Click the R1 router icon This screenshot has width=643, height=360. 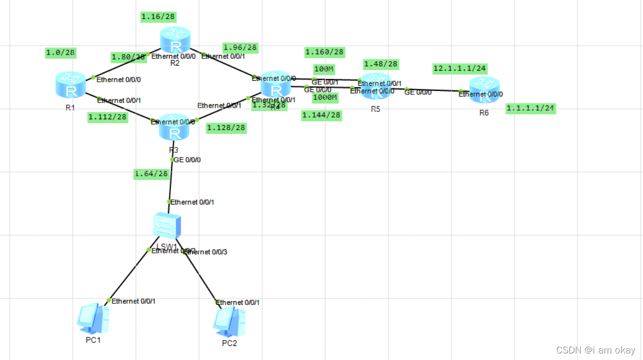[71, 85]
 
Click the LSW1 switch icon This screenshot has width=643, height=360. [168, 225]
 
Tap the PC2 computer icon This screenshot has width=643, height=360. [230, 321]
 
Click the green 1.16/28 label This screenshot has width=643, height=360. [158, 17]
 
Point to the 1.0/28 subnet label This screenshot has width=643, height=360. [61, 53]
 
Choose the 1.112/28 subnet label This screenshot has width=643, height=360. [108, 117]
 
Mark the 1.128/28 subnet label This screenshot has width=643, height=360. [226, 128]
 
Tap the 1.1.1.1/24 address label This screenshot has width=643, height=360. [531, 108]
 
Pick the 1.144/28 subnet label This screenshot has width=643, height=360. [321, 116]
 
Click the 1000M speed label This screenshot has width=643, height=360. [325, 97]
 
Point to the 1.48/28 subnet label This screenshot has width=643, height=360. [381, 64]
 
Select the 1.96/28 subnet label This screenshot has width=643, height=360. [240, 47]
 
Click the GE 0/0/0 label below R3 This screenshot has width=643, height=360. [188, 160]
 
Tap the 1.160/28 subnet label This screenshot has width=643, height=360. [325, 52]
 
